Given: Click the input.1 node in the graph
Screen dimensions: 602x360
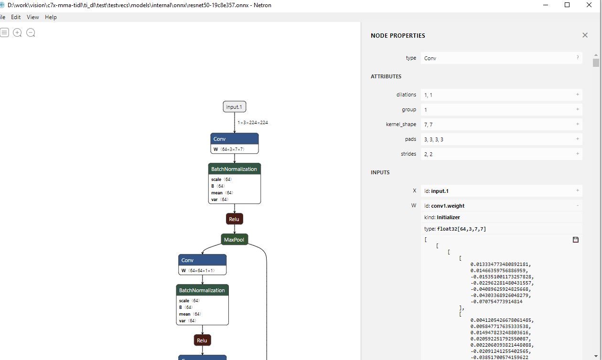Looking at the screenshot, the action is pos(234,106).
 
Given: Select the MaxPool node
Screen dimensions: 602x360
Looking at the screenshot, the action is pos(234,239).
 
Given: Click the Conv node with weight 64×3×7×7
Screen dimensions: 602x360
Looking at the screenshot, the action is pos(234,143).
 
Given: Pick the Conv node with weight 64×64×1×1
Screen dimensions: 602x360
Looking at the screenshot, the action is pos(203,265).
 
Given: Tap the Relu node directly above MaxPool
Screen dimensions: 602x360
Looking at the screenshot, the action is pos(234,219).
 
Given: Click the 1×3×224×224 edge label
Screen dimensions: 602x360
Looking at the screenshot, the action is pos(253,123).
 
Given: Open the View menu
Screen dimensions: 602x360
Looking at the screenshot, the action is pos(33,17).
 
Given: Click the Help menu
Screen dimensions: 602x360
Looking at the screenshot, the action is pos(51,17).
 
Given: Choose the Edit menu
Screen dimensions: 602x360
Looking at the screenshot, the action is pos(16,17).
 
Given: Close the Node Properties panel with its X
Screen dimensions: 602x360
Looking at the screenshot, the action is pos(585,35).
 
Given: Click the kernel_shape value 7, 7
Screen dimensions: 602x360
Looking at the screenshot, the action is pos(429,125).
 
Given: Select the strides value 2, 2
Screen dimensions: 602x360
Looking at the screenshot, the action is pos(429,154).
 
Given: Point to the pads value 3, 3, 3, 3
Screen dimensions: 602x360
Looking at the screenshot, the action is pos(434,139).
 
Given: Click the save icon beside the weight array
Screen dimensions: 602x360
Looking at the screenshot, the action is pos(575,240).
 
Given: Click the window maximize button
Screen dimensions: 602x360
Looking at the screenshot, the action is pos(567,5).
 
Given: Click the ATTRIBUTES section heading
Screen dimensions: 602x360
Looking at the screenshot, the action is pos(386,76).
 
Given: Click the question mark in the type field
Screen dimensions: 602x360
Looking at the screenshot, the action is pos(577,57).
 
